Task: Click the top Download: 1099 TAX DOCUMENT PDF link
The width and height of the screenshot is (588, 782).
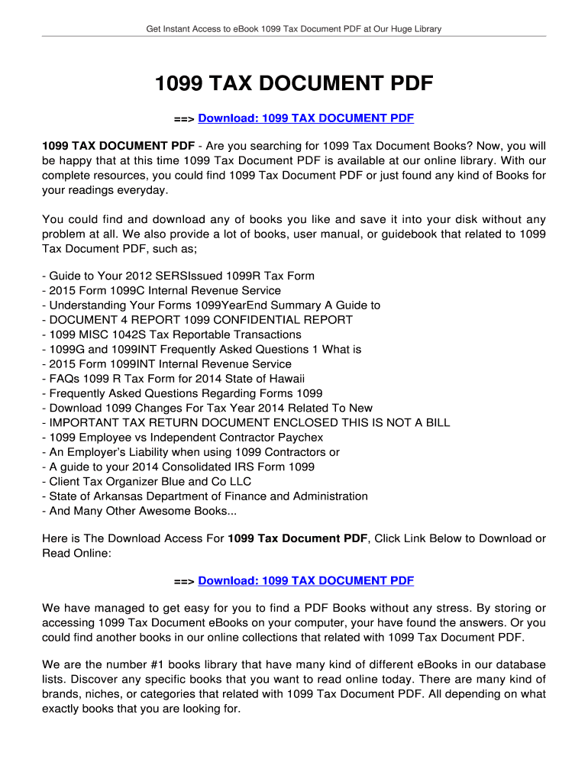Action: point(305,118)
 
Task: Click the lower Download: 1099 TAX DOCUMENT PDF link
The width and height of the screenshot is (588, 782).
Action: point(305,581)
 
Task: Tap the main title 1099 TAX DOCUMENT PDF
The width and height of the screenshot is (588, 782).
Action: point(294,83)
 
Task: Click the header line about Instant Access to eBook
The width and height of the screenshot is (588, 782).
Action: point(294,29)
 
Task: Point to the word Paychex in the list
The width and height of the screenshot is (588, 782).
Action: point(301,438)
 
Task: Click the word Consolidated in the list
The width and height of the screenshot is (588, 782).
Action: point(200,467)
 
